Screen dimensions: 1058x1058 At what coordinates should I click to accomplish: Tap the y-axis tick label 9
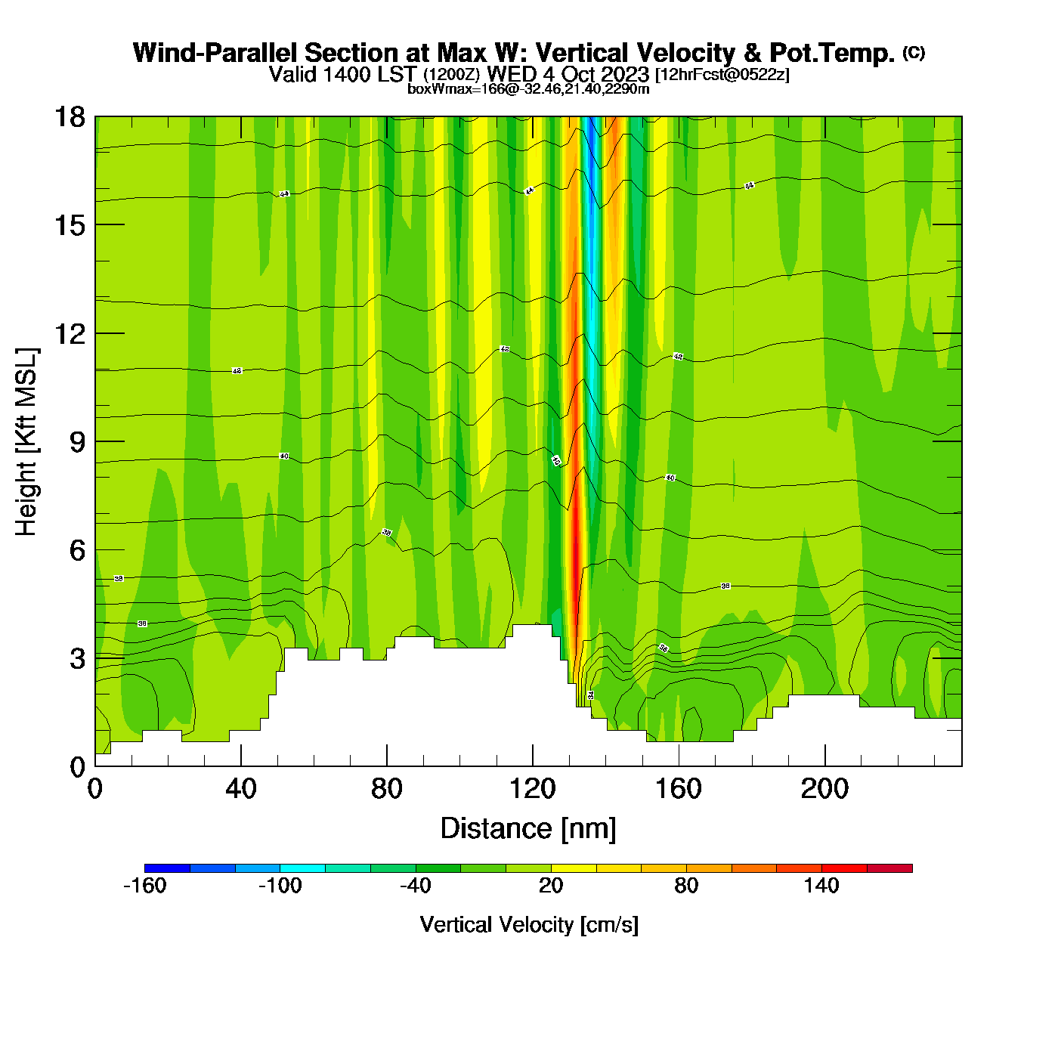point(77,442)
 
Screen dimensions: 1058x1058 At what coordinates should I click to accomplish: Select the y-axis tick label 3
point(77,659)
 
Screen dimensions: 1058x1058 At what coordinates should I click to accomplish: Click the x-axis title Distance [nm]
point(528,829)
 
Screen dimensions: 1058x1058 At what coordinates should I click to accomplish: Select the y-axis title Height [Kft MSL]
point(26,442)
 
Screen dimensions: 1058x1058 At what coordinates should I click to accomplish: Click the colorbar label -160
point(144,886)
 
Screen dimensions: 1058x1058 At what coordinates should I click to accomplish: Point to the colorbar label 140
point(821,886)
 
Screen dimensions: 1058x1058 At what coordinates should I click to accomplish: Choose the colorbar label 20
point(551,886)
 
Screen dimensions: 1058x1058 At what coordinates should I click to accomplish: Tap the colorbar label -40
point(415,886)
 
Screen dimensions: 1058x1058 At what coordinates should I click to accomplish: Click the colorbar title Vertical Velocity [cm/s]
point(529,925)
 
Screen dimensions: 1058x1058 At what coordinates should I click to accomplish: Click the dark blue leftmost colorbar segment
point(167,868)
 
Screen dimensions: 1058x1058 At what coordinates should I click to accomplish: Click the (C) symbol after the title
point(914,52)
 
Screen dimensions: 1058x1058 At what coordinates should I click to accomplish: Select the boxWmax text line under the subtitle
point(528,89)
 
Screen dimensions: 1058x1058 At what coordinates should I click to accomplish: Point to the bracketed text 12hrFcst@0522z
point(722,75)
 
